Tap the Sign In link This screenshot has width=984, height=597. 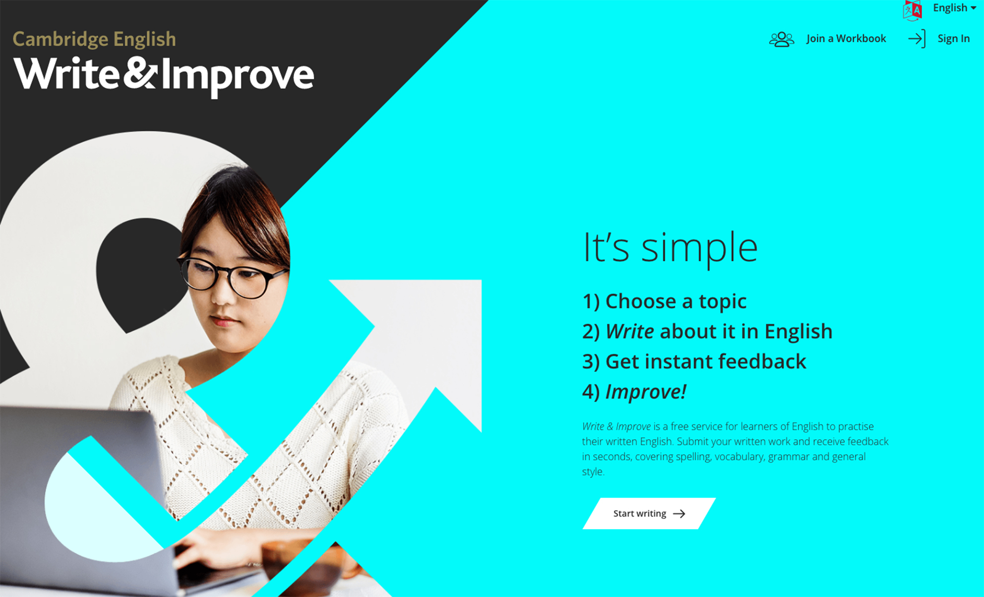tap(953, 39)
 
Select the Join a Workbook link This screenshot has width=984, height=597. tap(846, 39)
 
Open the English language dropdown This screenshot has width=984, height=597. tap(954, 8)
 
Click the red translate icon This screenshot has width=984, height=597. tap(913, 10)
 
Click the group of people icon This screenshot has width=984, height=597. tap(781, 39)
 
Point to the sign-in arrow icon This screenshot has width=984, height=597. tap(917, 39)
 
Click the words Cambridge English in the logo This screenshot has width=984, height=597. tap(94, 39)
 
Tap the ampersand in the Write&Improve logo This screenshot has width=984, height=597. tap(140, 74)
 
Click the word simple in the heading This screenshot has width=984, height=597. tap(699, 248)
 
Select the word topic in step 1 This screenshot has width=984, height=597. tap(722, 301)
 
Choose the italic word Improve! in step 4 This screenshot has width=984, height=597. tap(646, 392)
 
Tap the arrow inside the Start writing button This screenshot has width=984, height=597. tap(679, 514)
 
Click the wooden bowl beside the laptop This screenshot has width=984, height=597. tap(298, 565)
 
